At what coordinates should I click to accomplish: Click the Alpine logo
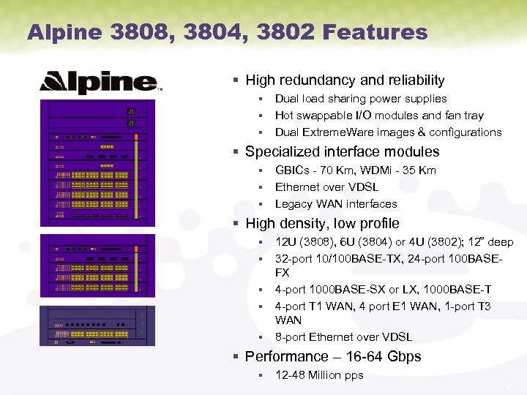[98, 82]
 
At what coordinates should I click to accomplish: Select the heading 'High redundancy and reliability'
[345, 80]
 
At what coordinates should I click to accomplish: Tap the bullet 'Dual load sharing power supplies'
[360, 99]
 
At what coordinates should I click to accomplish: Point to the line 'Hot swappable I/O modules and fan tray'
[379, 116]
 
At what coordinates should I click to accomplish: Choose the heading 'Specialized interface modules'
[342, 152]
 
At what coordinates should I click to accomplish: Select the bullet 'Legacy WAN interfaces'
[336, 204]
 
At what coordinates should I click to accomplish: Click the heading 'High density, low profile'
[322, 224]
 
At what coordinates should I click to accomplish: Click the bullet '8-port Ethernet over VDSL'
[343, 337]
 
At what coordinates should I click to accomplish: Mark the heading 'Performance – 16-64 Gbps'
[333, 357]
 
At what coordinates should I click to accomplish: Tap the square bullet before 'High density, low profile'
[236, 224]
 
